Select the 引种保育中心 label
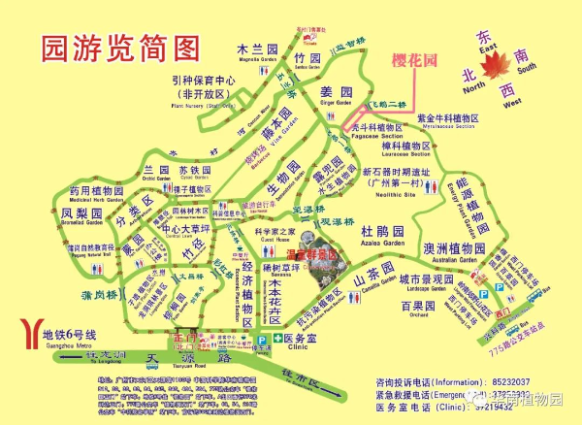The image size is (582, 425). pos(200,81)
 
